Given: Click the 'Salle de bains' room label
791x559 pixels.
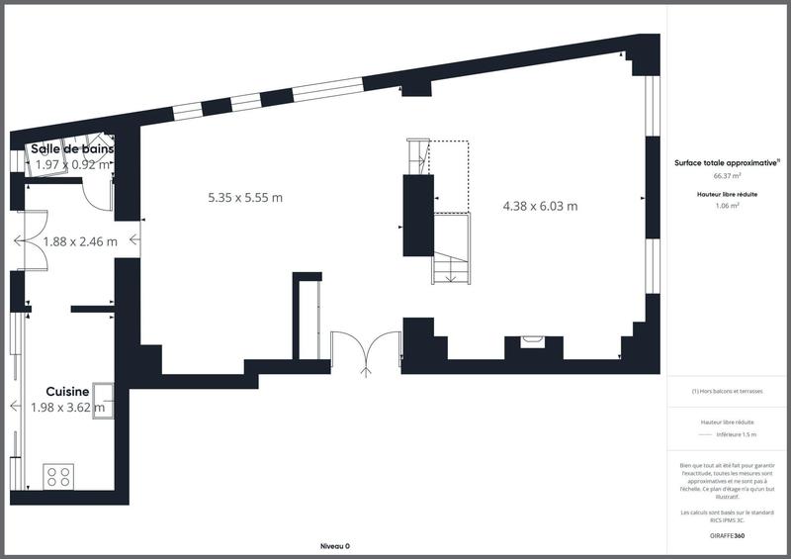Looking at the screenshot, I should [x=71, y=148].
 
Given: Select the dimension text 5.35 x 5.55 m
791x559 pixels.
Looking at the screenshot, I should [x=245, y=197].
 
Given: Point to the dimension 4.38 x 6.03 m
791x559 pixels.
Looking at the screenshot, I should [x=540, y=206].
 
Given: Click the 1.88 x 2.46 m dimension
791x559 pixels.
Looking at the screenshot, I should [x=79, y=240].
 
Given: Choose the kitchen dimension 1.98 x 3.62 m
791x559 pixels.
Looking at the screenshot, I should [x=68, y=407].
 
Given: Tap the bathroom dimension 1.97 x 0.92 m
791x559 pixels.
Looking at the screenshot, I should [x=71, y=164].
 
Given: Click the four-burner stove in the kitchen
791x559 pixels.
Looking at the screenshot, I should [x=59, y=475].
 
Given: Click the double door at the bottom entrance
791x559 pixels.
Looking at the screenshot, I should [x=366, y=352].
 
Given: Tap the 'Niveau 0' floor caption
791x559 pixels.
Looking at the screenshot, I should [x=335, y=546].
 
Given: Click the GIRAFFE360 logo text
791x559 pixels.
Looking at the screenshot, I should [x=727, y=535].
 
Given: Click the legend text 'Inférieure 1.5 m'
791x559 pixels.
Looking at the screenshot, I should [x=735, y=434].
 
